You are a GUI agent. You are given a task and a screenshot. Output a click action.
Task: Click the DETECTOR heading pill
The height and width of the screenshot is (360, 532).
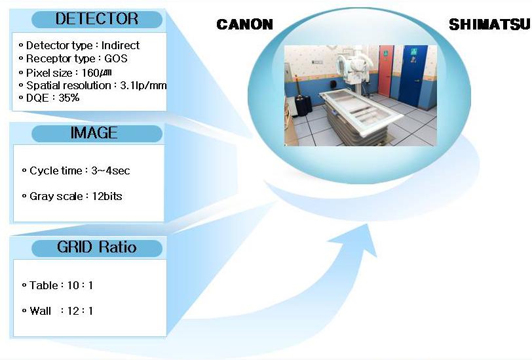97,19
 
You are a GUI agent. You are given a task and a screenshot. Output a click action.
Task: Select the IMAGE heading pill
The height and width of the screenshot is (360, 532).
97,133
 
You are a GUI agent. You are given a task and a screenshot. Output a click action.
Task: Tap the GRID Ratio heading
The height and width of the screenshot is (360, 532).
97,248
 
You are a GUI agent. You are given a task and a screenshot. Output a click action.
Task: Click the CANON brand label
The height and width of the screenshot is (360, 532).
244,24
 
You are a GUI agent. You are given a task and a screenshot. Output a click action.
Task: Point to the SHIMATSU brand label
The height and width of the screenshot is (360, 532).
489,24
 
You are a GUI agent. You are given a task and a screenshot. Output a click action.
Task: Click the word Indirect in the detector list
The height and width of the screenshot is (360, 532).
120,45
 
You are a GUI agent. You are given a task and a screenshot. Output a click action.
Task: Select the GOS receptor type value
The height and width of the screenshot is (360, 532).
116,58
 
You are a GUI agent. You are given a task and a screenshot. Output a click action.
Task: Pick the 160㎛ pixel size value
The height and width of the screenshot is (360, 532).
97,73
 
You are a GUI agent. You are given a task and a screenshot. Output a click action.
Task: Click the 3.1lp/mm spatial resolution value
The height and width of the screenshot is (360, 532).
143,85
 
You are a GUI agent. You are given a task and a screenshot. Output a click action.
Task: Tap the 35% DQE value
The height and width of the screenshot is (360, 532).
69,98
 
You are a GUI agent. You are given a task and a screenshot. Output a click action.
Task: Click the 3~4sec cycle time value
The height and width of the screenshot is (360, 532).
110,170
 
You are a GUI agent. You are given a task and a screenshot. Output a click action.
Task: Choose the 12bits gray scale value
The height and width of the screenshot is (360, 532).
107,196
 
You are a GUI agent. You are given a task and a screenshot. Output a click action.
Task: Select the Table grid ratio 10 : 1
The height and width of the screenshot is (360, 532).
80,285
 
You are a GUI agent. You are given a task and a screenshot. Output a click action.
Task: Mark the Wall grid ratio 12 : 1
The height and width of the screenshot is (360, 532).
80,311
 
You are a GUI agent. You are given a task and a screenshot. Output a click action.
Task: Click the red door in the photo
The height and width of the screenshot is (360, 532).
385,71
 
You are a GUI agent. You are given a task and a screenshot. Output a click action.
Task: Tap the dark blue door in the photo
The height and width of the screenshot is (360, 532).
413,75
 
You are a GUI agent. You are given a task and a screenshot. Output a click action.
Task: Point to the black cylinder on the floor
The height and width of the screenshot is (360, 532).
303,106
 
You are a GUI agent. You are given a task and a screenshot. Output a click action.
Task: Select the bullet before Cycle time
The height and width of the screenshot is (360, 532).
24,170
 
